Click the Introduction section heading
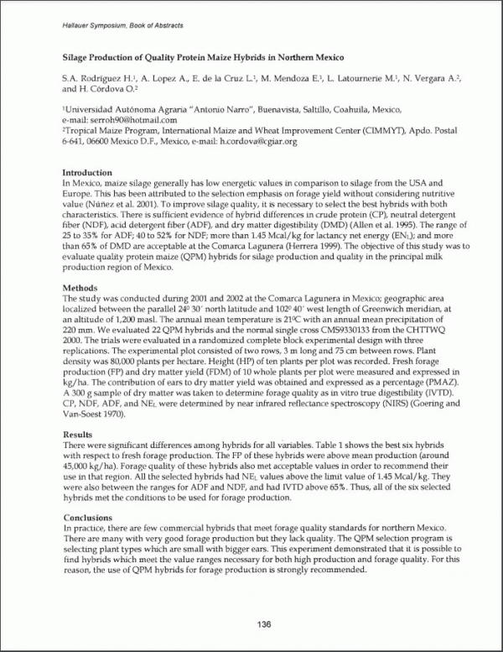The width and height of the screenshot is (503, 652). coord(88,173)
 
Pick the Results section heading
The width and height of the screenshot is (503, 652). coord(79,433)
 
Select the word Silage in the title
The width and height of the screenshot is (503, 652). coord(79,60)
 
